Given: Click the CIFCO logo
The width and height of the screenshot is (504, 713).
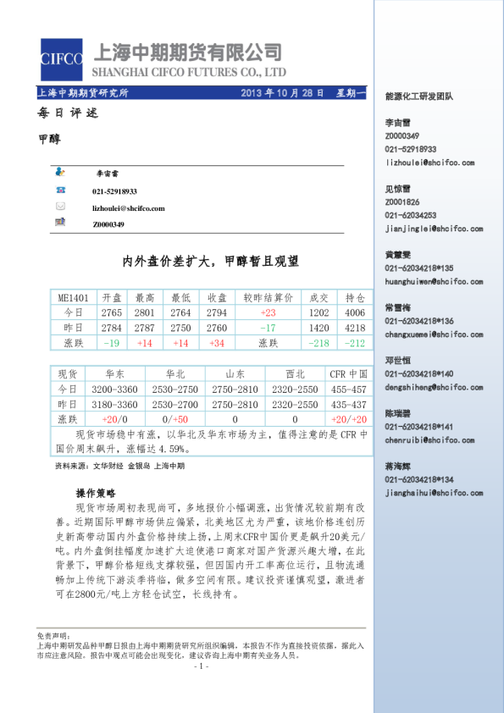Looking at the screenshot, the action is click(61, 58).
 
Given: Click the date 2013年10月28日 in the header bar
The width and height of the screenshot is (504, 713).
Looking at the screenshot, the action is click(283, 92).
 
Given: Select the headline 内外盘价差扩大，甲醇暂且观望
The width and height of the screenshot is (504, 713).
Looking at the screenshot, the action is click(211, 262).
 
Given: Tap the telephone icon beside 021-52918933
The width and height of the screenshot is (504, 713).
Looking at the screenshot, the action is click(60, 192).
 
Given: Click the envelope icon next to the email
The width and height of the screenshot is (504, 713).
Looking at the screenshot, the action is click(60, 207).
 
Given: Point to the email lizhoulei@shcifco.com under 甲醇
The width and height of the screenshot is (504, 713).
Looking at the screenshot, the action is click(129, 207).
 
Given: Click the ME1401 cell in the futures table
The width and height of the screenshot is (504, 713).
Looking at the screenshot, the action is click(73, 298).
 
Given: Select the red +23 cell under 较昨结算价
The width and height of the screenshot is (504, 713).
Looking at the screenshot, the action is click(269, 312).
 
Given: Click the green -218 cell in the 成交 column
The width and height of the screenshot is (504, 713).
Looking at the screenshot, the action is click(319, 342).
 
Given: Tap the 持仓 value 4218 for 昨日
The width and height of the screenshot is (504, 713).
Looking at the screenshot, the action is click(355, 328).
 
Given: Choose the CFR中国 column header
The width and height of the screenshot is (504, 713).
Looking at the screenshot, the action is click(348, 373).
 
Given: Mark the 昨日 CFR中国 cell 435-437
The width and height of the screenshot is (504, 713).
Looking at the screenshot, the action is click(348, 404).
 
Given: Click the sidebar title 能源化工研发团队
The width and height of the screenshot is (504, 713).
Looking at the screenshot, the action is click(418, 97).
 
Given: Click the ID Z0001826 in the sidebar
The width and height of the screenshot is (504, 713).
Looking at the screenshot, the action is click(402, 202).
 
